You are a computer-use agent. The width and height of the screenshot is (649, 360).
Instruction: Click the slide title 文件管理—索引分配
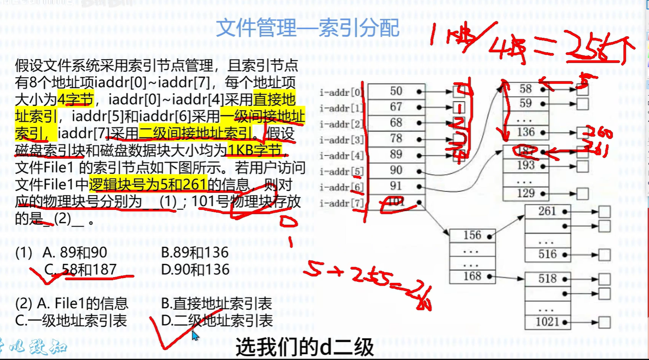(307, 28)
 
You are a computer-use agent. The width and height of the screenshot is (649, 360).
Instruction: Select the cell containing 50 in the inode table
(396, 91)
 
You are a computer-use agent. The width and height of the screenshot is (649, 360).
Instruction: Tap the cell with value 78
(396, 138)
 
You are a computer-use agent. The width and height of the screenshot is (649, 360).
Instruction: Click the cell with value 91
(396, 186)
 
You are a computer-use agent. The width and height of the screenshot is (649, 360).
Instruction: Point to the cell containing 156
(472, 235)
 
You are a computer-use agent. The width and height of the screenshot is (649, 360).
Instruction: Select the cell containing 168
(472, 276)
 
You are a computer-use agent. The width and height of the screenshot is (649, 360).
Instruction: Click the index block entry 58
(525, 89)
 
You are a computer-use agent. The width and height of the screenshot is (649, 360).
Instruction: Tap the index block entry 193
(525, 165)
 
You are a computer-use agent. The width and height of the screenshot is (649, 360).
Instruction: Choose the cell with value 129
(525, 193)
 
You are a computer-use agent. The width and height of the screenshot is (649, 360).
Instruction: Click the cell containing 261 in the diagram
(547, 211)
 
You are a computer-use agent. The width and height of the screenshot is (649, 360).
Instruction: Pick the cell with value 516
(547, 254)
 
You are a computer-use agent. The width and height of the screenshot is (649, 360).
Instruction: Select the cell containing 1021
(547, 322)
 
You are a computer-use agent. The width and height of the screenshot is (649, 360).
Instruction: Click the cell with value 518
(547, 279)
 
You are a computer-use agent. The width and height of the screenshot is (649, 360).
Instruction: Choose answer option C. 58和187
(81, 270)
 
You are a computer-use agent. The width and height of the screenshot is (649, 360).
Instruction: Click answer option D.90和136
(195, 270)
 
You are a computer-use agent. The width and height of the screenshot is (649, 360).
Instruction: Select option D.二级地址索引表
(217, 321)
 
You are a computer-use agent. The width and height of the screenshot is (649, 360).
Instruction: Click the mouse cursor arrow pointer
(194, 335)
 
